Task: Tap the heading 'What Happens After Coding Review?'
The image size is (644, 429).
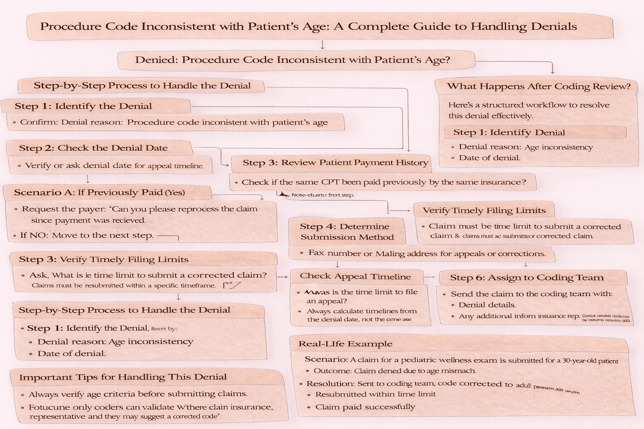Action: coord(538,87)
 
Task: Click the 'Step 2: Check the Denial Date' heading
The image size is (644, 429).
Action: coord(93,148)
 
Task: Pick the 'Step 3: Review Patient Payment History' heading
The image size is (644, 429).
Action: coord(335,163)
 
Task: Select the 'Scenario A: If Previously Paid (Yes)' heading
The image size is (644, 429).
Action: coord(99,193)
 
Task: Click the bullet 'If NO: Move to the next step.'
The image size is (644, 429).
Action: coord(87,235)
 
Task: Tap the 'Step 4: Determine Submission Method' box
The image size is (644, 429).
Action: coord(347,232)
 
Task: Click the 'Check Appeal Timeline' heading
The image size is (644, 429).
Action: coord(355,277)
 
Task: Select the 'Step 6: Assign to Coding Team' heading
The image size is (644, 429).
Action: coord(527,278)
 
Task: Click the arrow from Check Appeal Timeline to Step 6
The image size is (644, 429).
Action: coord(429,277)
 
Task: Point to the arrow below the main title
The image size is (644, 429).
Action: coord(322,45)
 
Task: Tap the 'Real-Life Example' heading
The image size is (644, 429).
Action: coord(345,344)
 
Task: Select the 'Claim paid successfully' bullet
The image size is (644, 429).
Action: coord(365,407)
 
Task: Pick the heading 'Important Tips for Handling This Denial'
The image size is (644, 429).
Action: coord(123,377)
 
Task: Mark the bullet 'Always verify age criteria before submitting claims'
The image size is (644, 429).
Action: coord(138,394)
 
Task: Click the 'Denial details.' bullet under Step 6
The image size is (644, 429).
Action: coord(487,305)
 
